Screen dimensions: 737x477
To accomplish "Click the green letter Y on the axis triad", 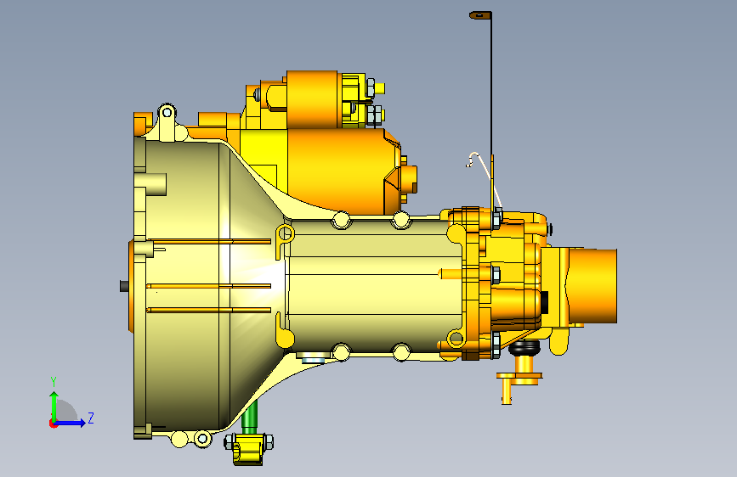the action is click(x=54, y=382).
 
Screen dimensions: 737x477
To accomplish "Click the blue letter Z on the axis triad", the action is click(x=91, y=418).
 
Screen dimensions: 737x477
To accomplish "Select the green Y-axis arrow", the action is click(x=54, y=407).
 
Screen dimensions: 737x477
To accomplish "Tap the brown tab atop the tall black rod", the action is click(x=480, y=15).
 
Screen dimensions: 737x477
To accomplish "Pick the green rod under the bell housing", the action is click(x=250, y=417).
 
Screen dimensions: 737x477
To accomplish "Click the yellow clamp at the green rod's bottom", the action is click(x=249, y=448).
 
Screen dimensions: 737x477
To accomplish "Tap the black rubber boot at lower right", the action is click(x=524, y=347).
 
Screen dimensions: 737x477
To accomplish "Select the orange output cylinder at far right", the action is click(x=593, y=286).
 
